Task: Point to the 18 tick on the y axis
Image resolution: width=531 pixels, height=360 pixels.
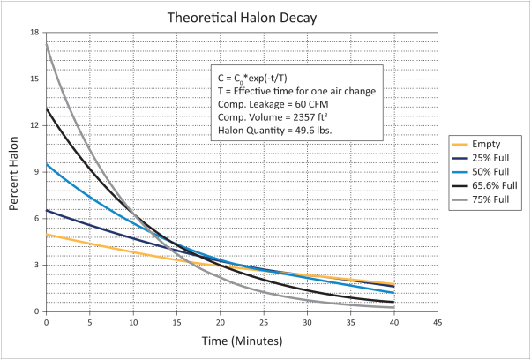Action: (x=35, y=33)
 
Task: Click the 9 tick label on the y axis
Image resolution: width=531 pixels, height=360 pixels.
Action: (x=37, y=172)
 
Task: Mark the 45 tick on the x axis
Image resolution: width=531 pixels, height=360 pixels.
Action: (x=438, y=322)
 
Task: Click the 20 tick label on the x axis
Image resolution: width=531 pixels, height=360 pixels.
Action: (x=220, y=322)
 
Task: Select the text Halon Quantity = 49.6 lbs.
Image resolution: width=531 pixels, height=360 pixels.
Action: (x=274, y=131)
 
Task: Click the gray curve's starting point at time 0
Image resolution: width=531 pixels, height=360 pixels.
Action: (x=46, y=42)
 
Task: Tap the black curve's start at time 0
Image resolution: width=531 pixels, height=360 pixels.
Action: (x=46, y=109)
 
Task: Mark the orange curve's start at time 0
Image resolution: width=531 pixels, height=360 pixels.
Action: (x=46, y=234)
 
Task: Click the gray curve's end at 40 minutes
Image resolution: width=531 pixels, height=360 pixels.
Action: (x=393, y=307)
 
